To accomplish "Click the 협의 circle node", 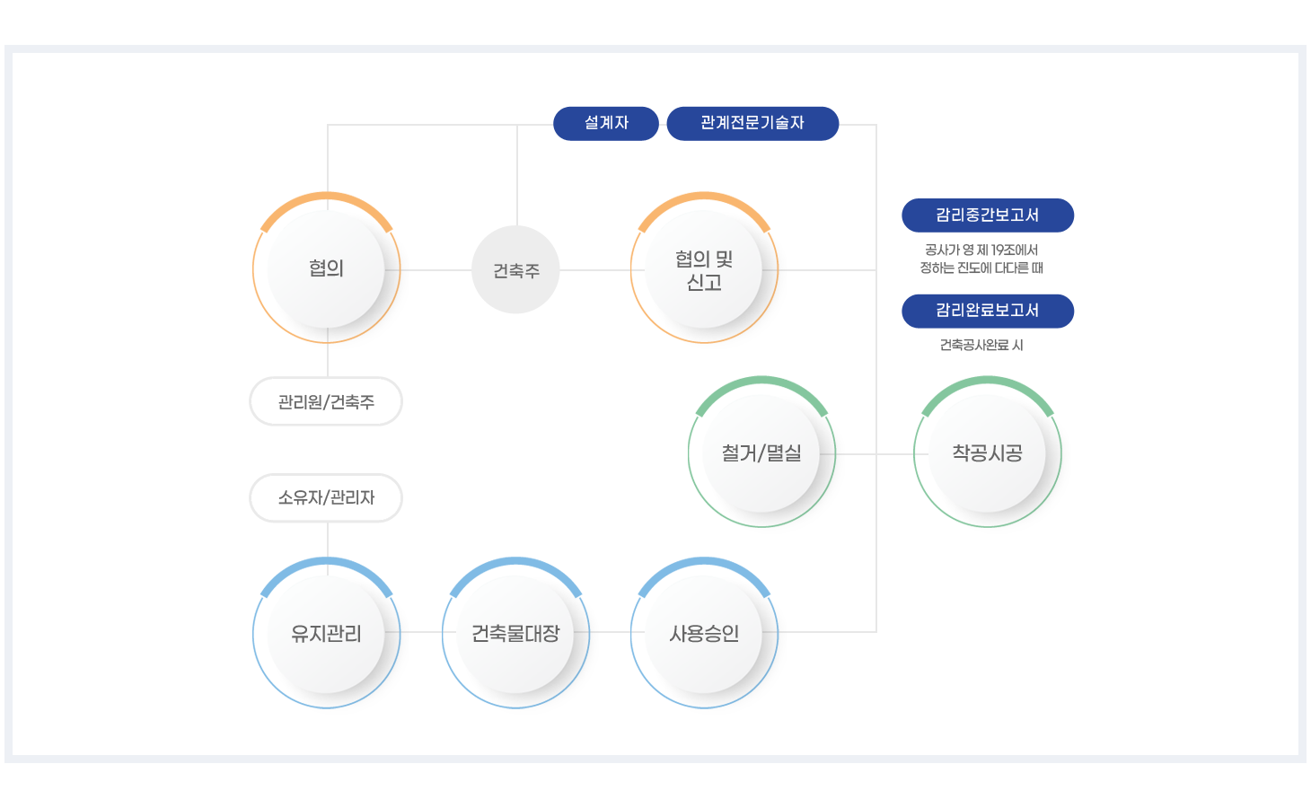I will [327, 268].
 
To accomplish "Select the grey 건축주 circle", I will [516, 269].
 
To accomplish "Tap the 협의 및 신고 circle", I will [704, 269].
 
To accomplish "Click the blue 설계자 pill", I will [606, 123].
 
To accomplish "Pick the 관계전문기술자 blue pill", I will [752, 123].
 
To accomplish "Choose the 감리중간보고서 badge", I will [987, 215].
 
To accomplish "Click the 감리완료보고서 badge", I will [987, 311].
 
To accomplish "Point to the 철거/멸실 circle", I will [761, 453].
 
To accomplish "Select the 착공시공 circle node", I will [987, 453].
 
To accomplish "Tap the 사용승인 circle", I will [704, 634].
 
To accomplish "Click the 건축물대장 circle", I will [515, 634].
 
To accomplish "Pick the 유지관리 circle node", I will [327, 634].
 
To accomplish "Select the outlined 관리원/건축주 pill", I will [326, 401].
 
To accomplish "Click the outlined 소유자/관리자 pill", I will [326, 497].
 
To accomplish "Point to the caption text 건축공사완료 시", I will [981, 345].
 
